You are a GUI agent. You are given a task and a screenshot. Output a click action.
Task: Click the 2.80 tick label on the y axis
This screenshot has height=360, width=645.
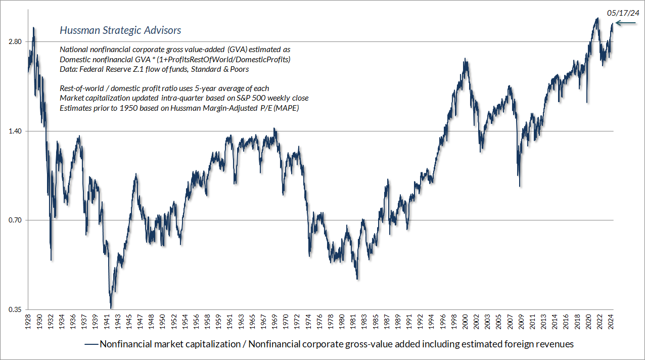(x=15, y=41)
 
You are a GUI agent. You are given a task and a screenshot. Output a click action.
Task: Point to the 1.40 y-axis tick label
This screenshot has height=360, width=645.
(x=15, y=131)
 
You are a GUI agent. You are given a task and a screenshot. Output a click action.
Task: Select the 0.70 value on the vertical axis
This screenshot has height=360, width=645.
(x=15, y=220)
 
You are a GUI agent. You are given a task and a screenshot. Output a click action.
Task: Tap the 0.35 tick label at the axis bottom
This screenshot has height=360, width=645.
(x=15, y=309)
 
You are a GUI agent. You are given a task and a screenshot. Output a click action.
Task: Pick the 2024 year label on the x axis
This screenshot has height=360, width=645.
(x=611, y=322)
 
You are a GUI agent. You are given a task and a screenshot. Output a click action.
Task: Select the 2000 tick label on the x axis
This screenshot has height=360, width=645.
(x=466, y=322)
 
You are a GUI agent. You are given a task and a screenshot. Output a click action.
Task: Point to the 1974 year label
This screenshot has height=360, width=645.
(x=308, y=322)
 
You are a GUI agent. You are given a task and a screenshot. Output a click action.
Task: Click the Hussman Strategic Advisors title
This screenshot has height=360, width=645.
(x=120, y=30)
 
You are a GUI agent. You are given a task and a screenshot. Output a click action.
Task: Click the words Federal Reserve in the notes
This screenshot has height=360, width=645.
(x=101, y=69)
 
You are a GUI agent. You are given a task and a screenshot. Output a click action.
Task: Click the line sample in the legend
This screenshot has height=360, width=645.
(x=91, y=344)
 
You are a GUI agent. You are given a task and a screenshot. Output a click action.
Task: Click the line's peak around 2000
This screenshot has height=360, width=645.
(x=465, y=59)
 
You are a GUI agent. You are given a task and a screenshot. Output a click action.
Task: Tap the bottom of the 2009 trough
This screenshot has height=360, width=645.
(x=520, y=187)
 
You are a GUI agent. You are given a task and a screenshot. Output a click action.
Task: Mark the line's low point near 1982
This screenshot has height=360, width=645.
(x=357, y=279)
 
